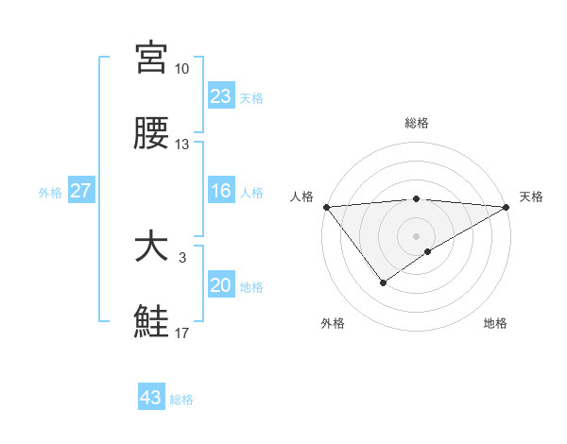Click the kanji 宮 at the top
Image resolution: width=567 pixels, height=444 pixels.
pos(151,59)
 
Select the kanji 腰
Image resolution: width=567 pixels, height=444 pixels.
pos(151,135)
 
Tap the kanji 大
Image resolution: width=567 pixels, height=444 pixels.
pos(151,248)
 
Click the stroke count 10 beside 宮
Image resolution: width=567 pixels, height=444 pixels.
pos(181,69)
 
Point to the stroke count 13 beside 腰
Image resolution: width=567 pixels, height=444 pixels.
pos(181,145)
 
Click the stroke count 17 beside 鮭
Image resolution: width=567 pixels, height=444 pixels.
pos(181,333)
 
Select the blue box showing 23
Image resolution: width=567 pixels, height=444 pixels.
pos(220,96)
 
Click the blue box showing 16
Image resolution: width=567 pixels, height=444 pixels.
pos(220,192)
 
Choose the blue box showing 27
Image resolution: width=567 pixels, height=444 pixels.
pos(81,192)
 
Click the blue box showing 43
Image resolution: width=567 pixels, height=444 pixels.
pos(151,398)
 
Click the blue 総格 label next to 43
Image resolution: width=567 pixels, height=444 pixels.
pos(182,400)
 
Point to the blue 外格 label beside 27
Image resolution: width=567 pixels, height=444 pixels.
pos(50,193)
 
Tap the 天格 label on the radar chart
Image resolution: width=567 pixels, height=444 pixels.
pos(531,196)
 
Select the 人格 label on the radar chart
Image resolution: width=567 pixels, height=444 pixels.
pos(302,196)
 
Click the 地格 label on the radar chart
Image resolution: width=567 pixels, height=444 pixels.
pos(495,323)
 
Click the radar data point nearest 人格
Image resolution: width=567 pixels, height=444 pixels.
pos(325,207)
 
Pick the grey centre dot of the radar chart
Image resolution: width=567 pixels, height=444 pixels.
pos(416,235)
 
